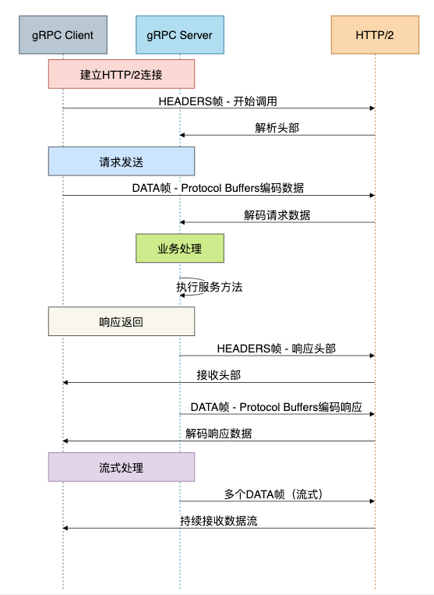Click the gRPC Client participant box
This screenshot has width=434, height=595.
coord(63,35)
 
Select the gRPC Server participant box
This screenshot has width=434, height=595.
coord(180,35)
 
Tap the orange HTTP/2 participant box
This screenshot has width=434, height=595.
coord(375,35)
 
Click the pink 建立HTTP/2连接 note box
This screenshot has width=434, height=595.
coord(122,74)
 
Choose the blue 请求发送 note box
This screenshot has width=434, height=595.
coord(122,161)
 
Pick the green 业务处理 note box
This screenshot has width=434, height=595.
coord(180,248)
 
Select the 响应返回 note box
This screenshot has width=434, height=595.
coord(122,321)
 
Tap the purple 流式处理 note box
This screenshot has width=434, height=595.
coord(122,467)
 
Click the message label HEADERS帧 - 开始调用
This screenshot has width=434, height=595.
coord(218,101)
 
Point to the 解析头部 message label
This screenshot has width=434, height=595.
coord(277,128)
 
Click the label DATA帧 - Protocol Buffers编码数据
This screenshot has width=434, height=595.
coord(218,188)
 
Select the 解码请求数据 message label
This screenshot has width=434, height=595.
coord(277,215)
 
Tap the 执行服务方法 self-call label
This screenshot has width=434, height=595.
coord(210,287)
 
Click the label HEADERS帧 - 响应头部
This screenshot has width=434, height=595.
coord(277,349)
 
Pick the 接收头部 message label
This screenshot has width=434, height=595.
coord(219,375)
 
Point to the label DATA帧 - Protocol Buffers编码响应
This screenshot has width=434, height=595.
coord(277,407)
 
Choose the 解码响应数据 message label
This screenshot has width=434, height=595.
coord(219,434)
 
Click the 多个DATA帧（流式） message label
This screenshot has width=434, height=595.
coord(273,494)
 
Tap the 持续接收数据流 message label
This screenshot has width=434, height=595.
coord(219,521)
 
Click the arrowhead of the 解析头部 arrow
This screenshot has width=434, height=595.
coord(182,135)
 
